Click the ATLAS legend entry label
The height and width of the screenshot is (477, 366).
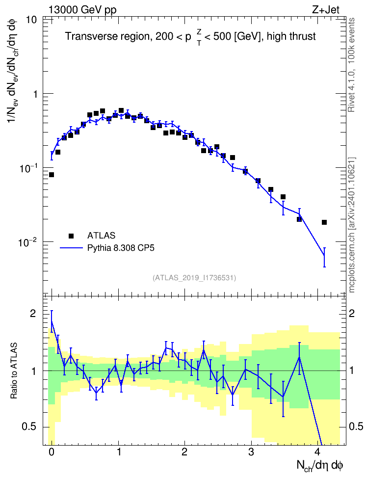pyautogui.click(x=101, y=236)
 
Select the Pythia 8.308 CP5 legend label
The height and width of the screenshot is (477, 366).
pyautogui.click(x=121, y=248)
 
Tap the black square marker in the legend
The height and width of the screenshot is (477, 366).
pyautogui.click(x=71, y=236)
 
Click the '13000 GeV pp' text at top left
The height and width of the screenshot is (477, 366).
pyautogui.click(x=82, y=10)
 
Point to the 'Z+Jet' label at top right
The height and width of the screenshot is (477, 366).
pyautogui.click(x=326, y=10)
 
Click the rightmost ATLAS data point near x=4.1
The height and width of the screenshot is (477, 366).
pyautogui.click(x=324, y=222)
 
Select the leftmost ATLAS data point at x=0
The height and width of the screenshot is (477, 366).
pyautogui.click(x=52, y=175)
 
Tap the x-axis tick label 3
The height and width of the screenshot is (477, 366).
pyautogui.click(x=251, y=452)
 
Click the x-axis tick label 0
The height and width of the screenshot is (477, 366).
pyautogui.click(x=52, y=452)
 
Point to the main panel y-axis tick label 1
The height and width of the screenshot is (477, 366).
pyautogui.click(x=35, y=94)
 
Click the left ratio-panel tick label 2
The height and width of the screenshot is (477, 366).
pyautogui.click(x=33, y=314)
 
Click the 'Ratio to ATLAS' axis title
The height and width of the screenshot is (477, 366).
pyautogui.click(x=14, y=371)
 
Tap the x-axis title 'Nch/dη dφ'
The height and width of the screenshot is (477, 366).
pyautogui.click(x=320, y=466)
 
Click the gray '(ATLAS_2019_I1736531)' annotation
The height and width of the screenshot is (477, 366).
pyautogui.click(x=194, y=278)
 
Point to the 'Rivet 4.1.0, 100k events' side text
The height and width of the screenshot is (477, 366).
pyautogui.click(x=352, y=65)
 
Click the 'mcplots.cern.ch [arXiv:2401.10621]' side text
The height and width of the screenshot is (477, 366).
pyautogui.click(x=352, y=225)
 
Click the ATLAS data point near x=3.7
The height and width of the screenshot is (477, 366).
pyautogui.click(x=299, y=219)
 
